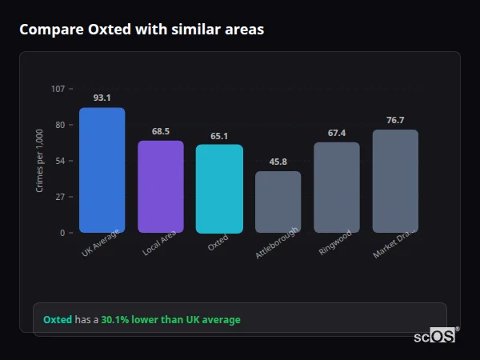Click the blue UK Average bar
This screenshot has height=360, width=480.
102,170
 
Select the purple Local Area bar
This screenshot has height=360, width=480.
161,186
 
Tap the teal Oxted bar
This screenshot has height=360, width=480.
219,189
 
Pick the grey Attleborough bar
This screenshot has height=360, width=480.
278,202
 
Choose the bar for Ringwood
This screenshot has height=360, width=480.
337,187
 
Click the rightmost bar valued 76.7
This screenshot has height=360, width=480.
395,181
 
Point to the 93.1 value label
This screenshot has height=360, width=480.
102,98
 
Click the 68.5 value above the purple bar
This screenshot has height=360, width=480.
161,131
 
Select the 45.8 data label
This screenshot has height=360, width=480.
278,162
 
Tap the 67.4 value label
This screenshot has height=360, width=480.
337,133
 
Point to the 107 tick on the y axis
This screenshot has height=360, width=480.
58,89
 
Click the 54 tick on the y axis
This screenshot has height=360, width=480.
60,161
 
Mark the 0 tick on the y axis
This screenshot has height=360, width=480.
62,233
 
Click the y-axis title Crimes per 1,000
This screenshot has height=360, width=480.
39,161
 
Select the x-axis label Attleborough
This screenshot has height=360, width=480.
278,242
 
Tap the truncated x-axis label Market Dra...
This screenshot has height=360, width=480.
394,242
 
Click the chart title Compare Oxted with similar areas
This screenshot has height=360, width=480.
142,30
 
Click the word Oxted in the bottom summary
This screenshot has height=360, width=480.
58,320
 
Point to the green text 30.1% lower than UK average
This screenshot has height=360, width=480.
170,320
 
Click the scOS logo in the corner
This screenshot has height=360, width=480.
434,336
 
